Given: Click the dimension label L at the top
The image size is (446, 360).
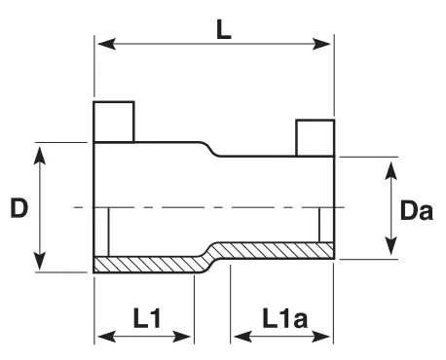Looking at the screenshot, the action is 224,30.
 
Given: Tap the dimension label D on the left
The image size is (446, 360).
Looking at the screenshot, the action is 19,207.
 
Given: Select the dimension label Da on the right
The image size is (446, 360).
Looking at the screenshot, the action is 417,211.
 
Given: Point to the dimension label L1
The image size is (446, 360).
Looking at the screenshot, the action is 147,318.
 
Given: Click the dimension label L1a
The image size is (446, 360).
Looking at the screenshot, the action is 284,318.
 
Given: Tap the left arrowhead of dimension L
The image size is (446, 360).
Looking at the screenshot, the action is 107,44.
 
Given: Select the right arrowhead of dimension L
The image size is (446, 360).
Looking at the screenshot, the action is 321,44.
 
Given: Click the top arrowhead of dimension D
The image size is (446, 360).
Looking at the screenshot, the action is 40,156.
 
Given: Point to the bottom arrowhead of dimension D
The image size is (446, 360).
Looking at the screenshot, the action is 40,261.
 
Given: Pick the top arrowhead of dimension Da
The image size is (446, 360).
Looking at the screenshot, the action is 391,170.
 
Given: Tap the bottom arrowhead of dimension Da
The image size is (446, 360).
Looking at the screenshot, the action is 391,246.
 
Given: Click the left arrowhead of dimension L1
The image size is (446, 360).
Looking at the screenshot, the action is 107,337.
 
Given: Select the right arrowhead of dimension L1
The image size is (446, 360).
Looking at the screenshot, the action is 181,337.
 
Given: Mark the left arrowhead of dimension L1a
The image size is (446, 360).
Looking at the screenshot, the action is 243,337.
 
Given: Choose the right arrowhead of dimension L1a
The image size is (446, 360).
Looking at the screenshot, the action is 321,337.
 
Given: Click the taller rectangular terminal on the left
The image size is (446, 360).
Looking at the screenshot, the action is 114,122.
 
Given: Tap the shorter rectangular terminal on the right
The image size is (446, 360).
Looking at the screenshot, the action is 316,138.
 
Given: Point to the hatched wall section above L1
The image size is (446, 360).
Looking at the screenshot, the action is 148,265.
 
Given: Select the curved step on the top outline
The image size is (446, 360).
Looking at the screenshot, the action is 209,149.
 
